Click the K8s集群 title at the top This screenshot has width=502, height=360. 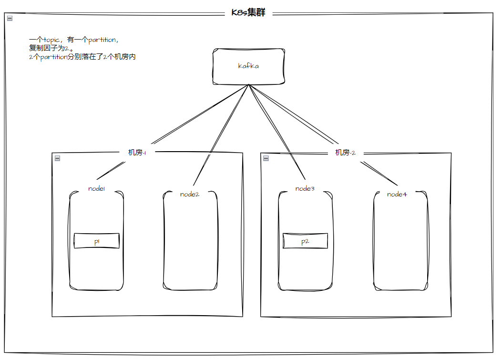coord(248,13)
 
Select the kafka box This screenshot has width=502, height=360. coord(248,66)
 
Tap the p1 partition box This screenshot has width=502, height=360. coord(96,241)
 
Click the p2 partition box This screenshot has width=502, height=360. coord(305,241)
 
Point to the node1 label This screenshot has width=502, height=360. coord(96,189)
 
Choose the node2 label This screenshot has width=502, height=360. coord(190,194)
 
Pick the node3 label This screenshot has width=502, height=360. coord(305,189)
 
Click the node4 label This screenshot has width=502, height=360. coord(397,194)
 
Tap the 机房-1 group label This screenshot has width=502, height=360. coord(137,153)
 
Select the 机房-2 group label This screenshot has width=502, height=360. coord(345,153)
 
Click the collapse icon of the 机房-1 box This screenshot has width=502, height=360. coord(57,158)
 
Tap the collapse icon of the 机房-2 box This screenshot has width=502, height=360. coord(266,158)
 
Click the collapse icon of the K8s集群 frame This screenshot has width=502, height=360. coord(10,19)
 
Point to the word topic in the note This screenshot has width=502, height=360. coord(51,40)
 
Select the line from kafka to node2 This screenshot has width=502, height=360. coord(221,134)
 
